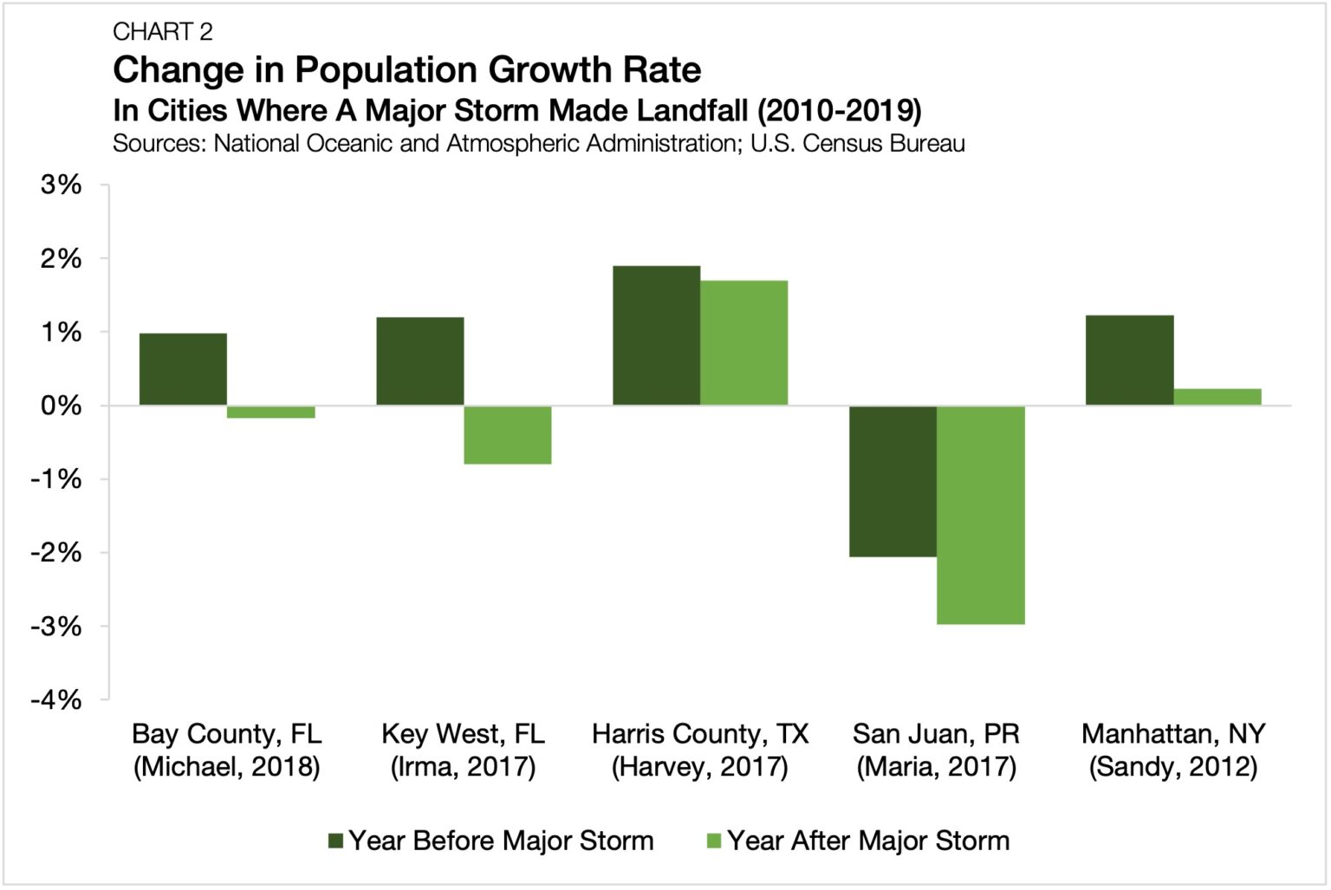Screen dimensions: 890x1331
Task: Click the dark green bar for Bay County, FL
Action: pyautogui.click(x=183, y=369)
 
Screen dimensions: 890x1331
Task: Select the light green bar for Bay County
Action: pyautogui.click(x=270, y=413)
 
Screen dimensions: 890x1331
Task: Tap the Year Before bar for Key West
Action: pyautogui.click(x=419, y=361)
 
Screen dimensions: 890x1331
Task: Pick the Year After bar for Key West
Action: pyautogui.click(x=507, y=435)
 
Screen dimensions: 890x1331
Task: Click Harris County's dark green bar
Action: pyautogui.click(x=656, y=335)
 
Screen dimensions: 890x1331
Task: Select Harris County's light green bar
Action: pyautogui.click(x=743, y=343)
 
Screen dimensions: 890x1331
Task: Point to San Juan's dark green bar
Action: pyautogui.click(x=893, y=481)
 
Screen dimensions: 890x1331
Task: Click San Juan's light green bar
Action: pyautogui.click(x=980, y=515)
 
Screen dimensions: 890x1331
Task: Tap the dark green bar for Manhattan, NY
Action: pyautogui.click(x=1129, y=361)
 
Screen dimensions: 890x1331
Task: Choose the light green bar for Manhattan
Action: pyautogui.click(x=1217, y=397)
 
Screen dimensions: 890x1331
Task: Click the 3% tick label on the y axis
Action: pyautogui.click(x=61, y=185)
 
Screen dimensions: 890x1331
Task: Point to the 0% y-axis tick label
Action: pyautogui.click(x=61, y=406)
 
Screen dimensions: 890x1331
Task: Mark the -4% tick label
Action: pyautogui.click(x=56, y=700)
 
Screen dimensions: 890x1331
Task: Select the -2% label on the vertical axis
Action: pyautogui.click(x=56, y=553)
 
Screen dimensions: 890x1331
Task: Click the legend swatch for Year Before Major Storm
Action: pyautogui.click(x=336, y=841)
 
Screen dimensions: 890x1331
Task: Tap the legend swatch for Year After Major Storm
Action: pyautogui.click(x=714, y=841)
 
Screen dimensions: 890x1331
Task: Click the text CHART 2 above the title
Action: pyautogui.click(x=163, y=32)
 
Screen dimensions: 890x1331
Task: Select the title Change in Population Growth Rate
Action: pyautogui.click(x=406, y=70)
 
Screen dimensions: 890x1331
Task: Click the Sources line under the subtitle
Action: pyautogui.click(x=538, y=144)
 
